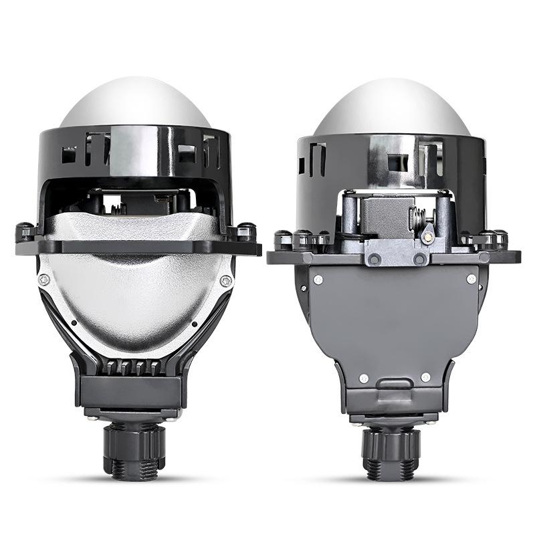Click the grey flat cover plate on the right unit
[x=393, y=321]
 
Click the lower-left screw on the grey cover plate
[x=363, y=379]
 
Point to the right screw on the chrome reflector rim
[x=226, y=281]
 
